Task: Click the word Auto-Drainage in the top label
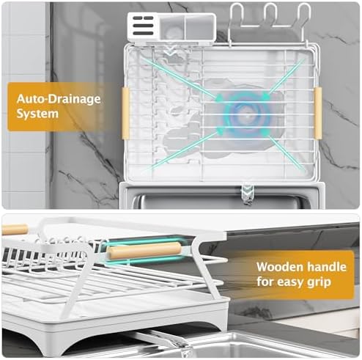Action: pyautogui.click(x=59, y=99)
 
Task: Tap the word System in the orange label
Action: pyautogui.click(x=37, y=114)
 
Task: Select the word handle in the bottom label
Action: pyautogui.click(x=327, y=267)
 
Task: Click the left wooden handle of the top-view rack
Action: pyautogui.click(x=125, y=114)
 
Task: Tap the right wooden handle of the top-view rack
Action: pyautogui.click(x=318, y=113)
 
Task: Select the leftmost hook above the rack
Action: pyautogui.click(x=237, y=15)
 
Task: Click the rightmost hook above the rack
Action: pyautogui.click(x=304, y=15)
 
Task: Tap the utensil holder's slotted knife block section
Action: pyautogui.click(x=144, y=26)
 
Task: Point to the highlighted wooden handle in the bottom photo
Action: pyautogui.click(x=144, y=251)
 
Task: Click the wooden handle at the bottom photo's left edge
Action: pyautogui.click(x=15, y=230)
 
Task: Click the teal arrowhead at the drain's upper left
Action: pyautogui.click(x=219, y=98)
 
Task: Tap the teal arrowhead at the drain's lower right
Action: pyautogui.click(x=266, y=133)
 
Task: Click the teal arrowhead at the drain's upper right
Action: pyautogui.click(x=266, y=97)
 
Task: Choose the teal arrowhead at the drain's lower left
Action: pyautogui.click(x=219, y=131)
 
